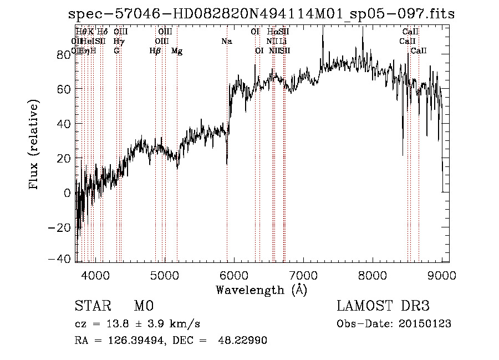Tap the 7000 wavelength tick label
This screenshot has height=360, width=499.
(303, 275)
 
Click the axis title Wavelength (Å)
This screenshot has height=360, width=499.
(261, 290)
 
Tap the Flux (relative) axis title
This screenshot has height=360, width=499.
(35, 145)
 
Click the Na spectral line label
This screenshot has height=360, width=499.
(226, 42)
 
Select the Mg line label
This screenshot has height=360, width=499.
(177, 51)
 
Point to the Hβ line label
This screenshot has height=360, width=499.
(155, 51)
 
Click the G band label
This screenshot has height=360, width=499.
(116, 51)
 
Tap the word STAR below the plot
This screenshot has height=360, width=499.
(93, 307)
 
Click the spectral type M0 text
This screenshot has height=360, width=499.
(144, 307)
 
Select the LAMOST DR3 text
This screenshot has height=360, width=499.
(383, 307)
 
